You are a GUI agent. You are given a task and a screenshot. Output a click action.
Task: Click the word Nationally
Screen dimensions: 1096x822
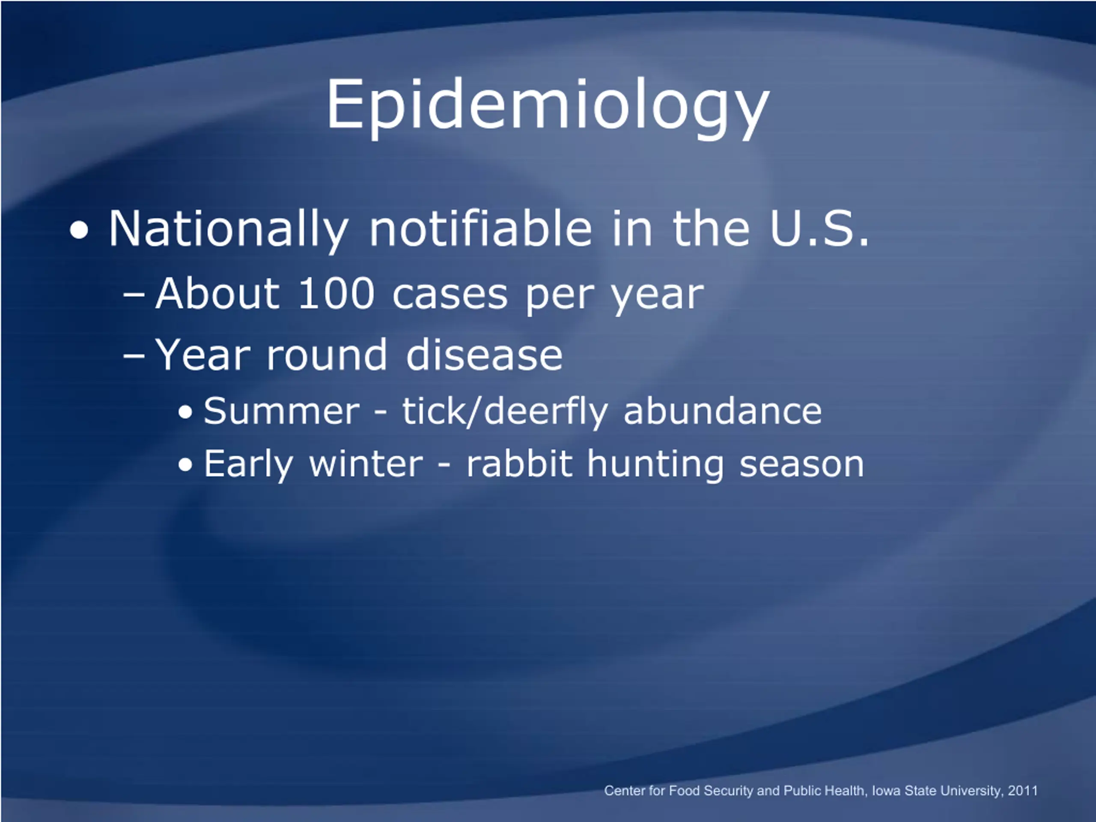click(228, 229)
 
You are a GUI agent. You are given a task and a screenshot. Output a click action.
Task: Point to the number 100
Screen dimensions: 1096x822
click(336, 294)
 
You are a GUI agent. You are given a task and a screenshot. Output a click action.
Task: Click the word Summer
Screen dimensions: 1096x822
click(281, 411)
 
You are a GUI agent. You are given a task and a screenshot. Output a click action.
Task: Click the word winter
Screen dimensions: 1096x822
click(366, 464)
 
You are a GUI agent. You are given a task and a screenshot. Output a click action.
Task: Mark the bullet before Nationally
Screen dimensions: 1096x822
click(79, 230)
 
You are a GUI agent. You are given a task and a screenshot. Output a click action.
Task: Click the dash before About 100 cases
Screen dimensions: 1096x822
click(134, 296)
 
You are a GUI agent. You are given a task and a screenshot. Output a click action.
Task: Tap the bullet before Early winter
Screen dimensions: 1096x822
click(185, 465)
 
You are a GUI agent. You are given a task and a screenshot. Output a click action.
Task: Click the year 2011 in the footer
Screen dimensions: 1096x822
click(1023, 790)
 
